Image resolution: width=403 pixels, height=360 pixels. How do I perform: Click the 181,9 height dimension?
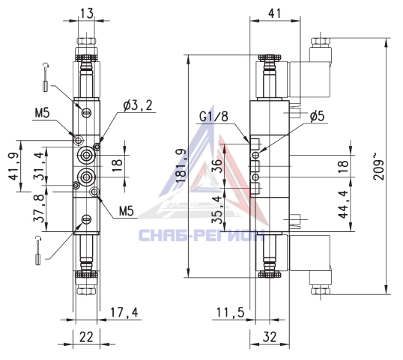182,165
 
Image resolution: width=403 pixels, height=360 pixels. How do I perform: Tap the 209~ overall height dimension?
378,166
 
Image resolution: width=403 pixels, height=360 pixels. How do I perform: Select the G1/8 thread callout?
213,117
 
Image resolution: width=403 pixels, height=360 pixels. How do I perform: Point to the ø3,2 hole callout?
138,106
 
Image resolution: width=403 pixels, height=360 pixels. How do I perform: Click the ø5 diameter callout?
317,117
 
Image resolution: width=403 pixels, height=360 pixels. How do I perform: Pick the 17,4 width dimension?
124,313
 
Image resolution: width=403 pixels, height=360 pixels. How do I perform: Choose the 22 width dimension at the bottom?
86,337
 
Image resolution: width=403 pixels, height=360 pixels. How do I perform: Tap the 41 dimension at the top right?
275,13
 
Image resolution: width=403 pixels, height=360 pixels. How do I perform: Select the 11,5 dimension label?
230,313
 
